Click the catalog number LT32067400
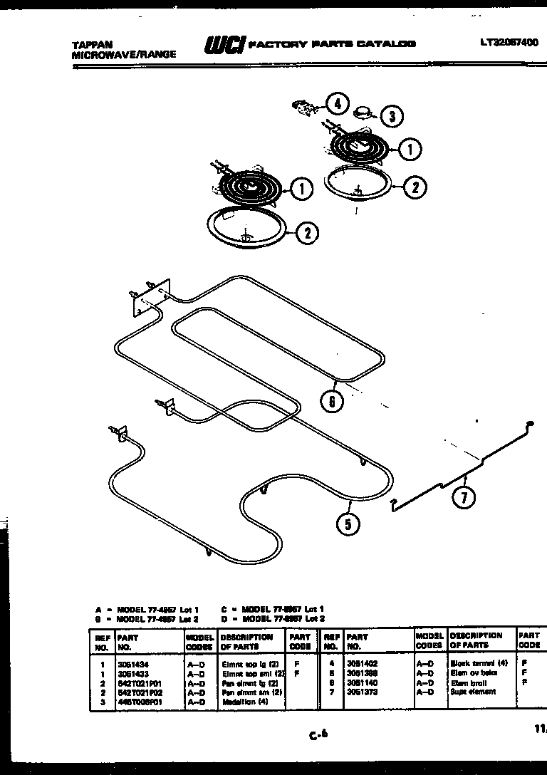pos(509,43)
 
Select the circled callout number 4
pos(338,104)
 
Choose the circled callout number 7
pos(464,498)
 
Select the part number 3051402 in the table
pos(361,663)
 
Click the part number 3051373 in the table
pos(361,692)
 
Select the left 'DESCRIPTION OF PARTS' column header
pos(246,642)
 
